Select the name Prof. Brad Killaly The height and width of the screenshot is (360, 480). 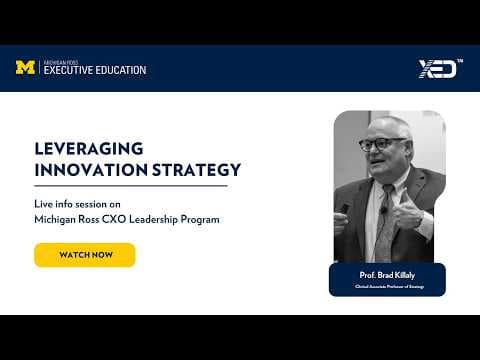tap(387, 274)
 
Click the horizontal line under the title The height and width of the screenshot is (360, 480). tap(130, 185)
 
